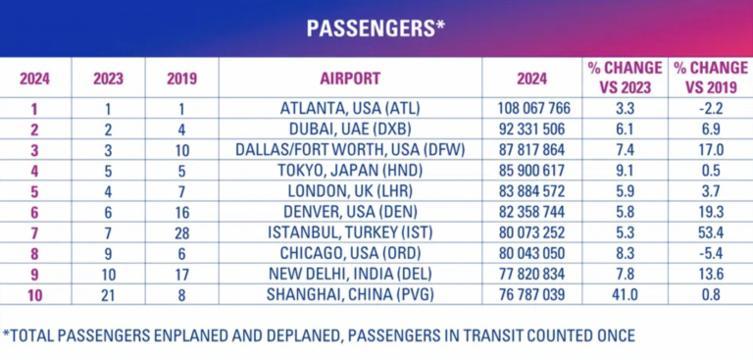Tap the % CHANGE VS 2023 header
625,77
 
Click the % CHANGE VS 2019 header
709,77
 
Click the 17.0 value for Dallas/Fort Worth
709,149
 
